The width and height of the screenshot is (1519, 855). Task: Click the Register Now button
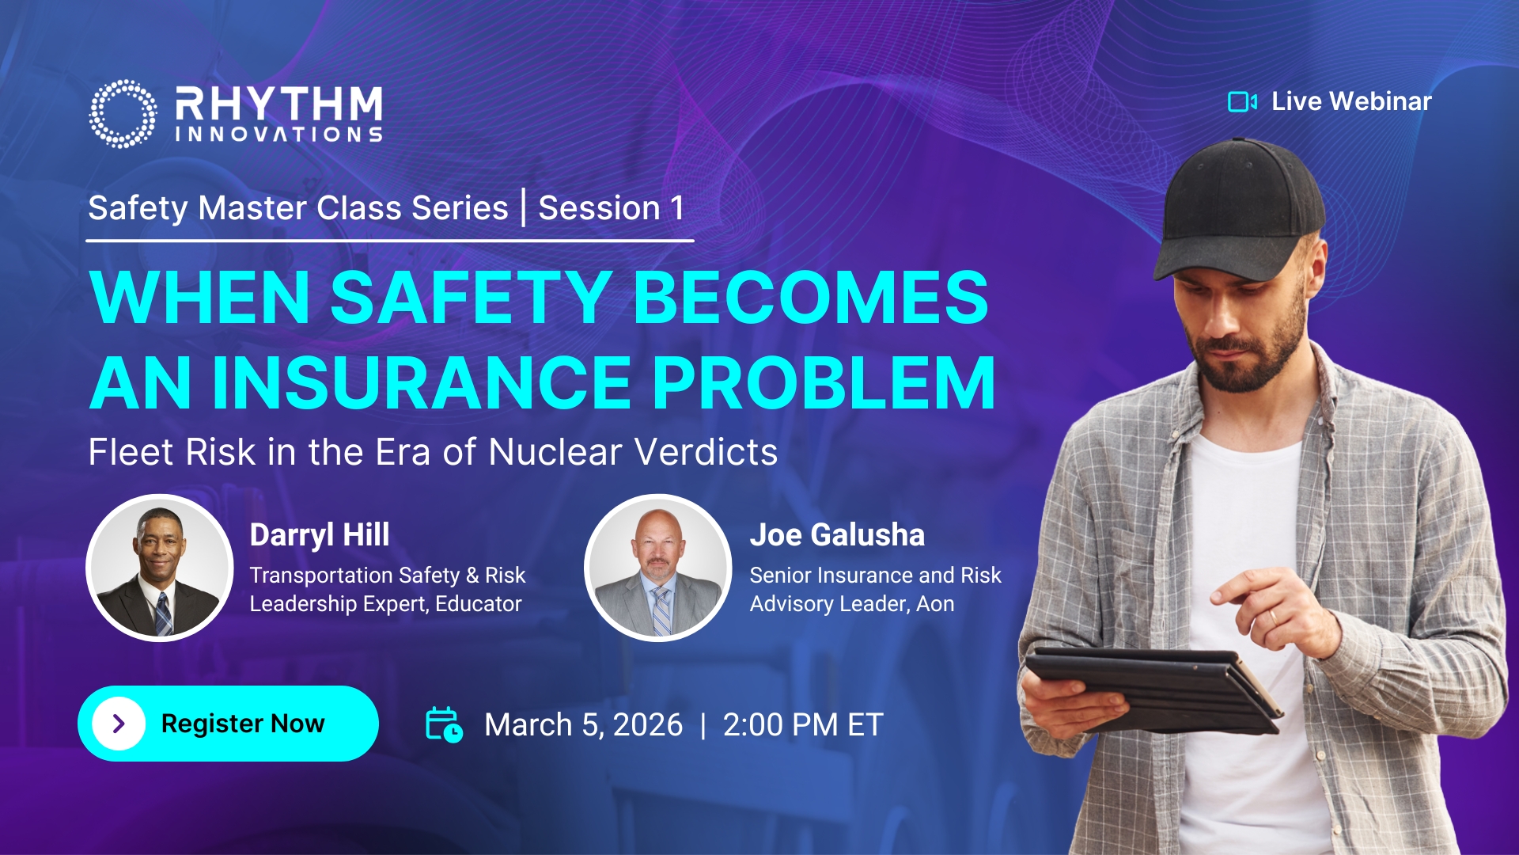228,724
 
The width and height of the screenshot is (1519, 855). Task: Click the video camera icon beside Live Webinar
1242,101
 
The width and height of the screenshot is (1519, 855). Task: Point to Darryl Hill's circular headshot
160,568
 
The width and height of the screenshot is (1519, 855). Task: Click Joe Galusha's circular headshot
658,568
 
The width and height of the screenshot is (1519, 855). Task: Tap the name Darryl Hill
320,535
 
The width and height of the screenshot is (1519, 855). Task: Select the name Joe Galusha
837,535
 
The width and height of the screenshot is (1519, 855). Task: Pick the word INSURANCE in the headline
421,383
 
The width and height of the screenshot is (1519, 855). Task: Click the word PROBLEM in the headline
824,383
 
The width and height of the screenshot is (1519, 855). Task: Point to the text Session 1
611,208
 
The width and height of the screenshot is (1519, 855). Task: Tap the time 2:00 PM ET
803,725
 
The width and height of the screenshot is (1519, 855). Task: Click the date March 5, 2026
583,725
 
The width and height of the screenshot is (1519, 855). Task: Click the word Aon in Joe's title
935,604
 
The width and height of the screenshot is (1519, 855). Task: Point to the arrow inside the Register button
119,724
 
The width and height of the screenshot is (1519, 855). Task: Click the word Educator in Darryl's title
479,604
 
